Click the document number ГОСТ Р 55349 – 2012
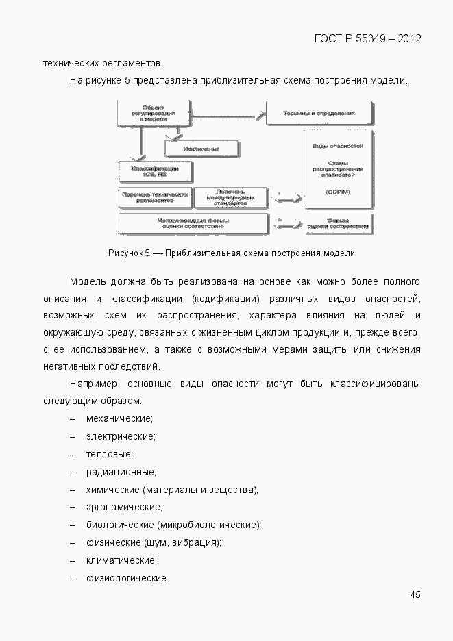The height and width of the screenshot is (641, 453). pyautogui.click(x=367, y=38)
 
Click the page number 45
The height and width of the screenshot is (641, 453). pyautogui.click(x=415, y=594)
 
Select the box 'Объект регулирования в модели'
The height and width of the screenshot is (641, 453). pyautogui.click(x=152, y=113)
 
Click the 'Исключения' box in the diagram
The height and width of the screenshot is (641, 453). pyautogui.click(x=201, y=149)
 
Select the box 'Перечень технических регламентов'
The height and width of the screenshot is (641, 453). pyautogui.click(x=155, y=197)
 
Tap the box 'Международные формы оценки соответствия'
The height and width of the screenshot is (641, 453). pyautogui.click(x=193, y=223)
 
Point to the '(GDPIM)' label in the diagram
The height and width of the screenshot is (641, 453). pyautogui.click(x=338, y=192)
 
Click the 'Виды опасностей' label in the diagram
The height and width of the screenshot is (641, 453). pyautogui.click(x=338, y=147)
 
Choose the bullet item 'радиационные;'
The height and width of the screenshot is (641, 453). pyautogui.click(x=121, y=472)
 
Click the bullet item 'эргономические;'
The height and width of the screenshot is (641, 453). pyautogui.click(x=124, y=507)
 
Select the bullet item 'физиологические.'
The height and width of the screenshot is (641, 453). pyautogui.click(x=127, y=579)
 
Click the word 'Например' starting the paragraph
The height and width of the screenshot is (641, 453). pyautogui.click(x=92, y=384)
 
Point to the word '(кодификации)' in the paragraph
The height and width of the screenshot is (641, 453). pyautogui.click(x=225, y=299)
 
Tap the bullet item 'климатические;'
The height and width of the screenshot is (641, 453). pyautogui.click(x=121, y=561)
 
